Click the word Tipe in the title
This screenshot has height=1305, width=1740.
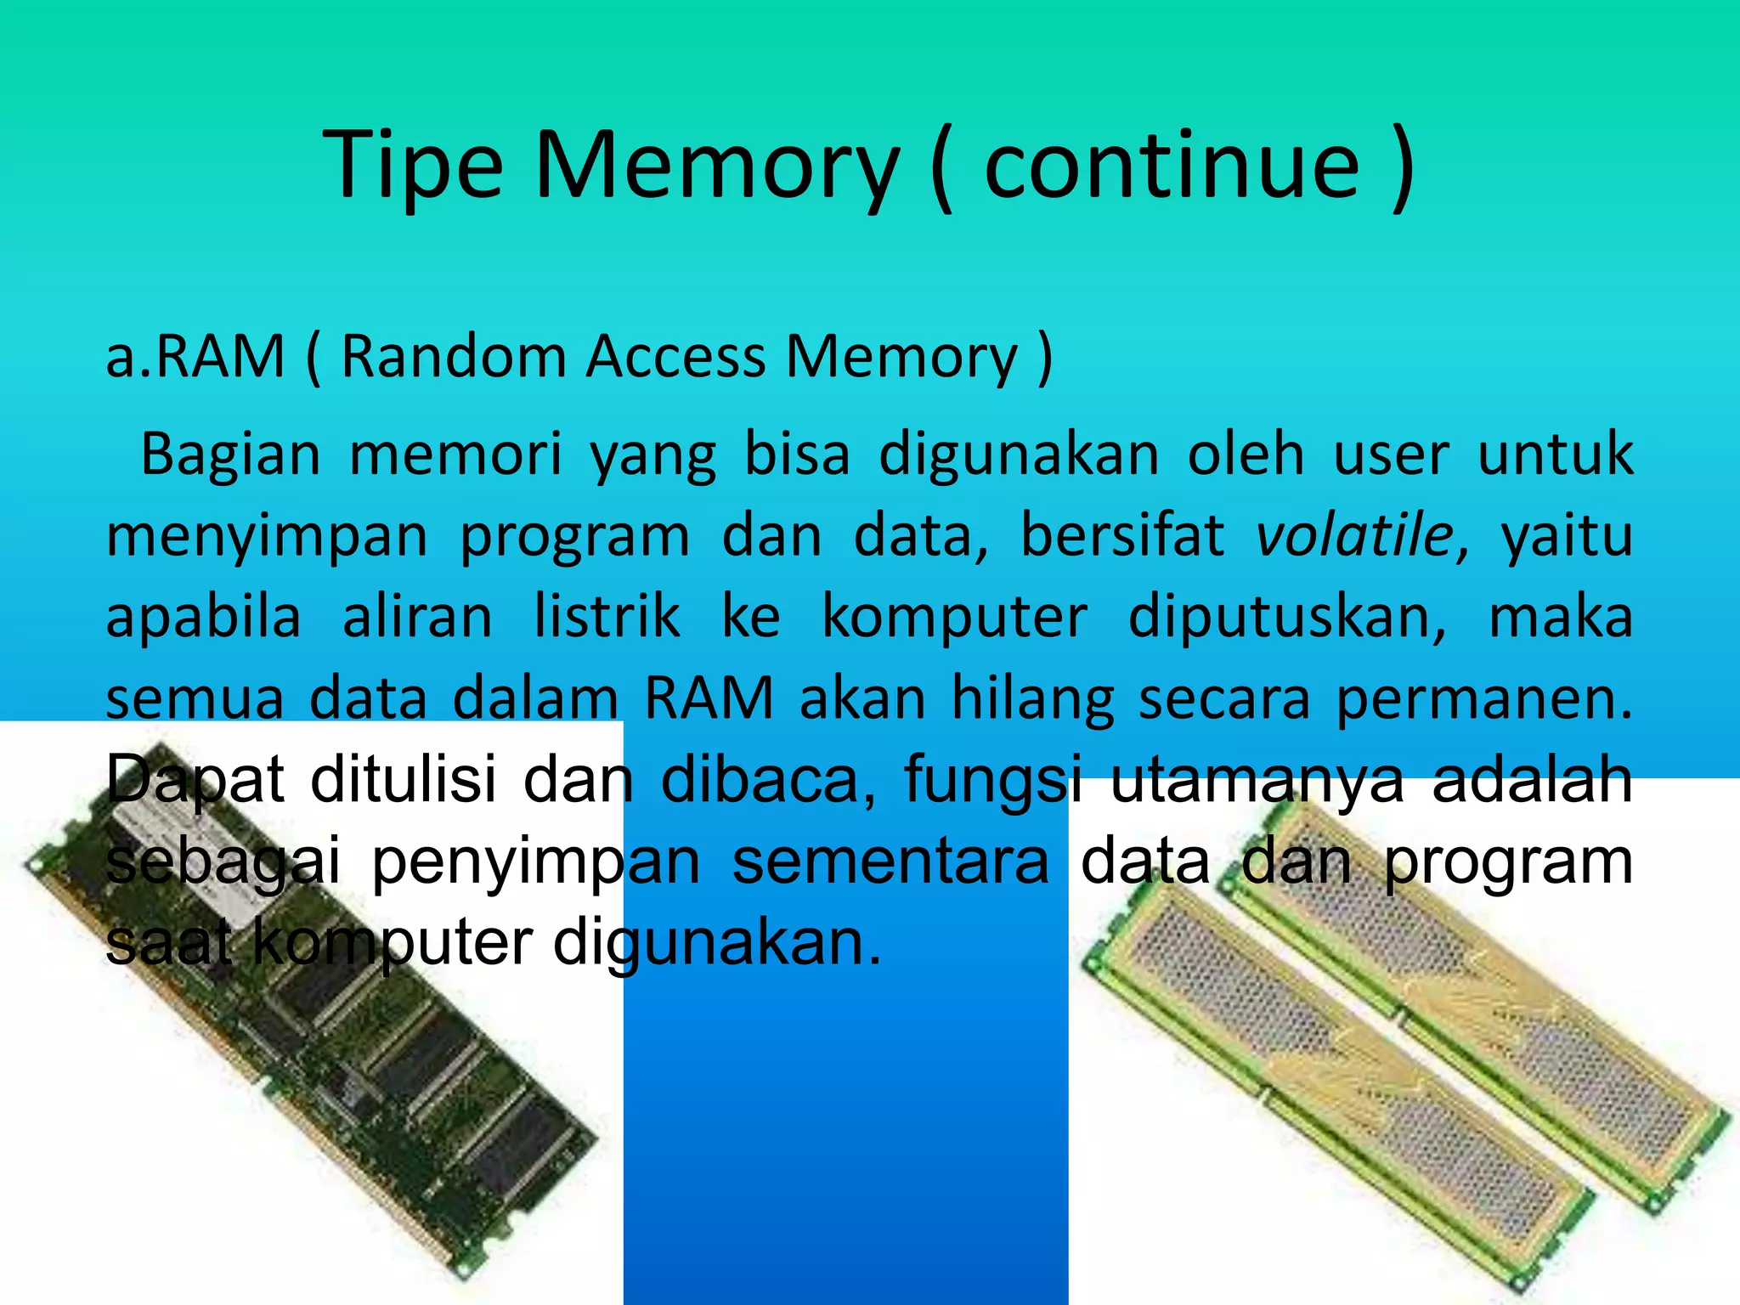pyautogui.click(x=413, y=166)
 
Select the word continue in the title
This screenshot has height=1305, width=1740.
pyautogui.click(x=1172, y=166)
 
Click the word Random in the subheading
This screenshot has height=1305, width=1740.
pyautogui.click(x=454, y=356)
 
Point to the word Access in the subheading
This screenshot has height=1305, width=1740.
pyautogui.click(x=676, y=356)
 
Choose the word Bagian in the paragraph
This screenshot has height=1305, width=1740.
pyautogui.click(x=230, y=455)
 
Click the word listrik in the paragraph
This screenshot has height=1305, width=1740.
pyautogui.click(x=607, y=618)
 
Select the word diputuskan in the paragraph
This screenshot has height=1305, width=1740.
pyautogui.click(x=1286, y=618)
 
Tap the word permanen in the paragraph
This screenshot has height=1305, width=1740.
pyautogui.click(x=1483, y=699)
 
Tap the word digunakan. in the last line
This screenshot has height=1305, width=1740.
pyautogui.click(x=718, y=943)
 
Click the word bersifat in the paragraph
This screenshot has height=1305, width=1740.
pyautogui.click(x=1122, y=536)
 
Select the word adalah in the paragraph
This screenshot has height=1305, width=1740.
pyautogui.click(x=1532, y=779)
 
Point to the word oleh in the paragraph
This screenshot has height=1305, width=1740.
pyautogui.click(x=1246, y=455)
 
